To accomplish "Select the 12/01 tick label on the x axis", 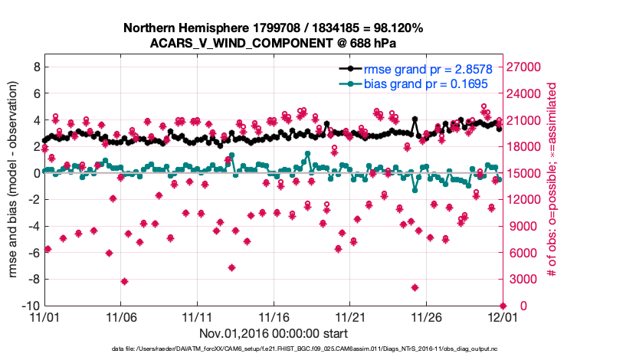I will tap(502, 316).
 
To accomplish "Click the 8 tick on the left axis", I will tap(35, 67).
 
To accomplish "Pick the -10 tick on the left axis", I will tap(31, 306).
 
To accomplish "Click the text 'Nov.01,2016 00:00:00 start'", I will tap(274, 333).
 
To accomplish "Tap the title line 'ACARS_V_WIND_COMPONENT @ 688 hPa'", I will tap(274, 43).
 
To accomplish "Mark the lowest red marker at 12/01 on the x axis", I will tap(503, 306).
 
